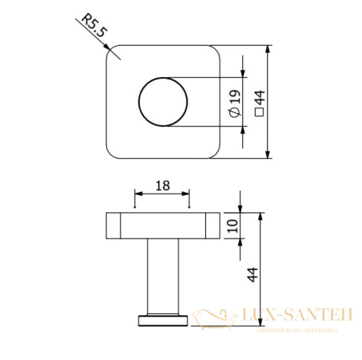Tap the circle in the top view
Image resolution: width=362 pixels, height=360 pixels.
click(162, 102)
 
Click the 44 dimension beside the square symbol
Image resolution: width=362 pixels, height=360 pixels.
click(259, 96)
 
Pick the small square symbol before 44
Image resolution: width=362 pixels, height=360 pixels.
click(259, 112)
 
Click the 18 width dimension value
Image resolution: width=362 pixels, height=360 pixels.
click(162, 186)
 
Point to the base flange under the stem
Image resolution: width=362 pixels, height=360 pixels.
click(162, 320)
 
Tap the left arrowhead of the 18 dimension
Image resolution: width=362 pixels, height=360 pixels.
click(138, 194)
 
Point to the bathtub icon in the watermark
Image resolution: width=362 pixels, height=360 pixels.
click(216, 316)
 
